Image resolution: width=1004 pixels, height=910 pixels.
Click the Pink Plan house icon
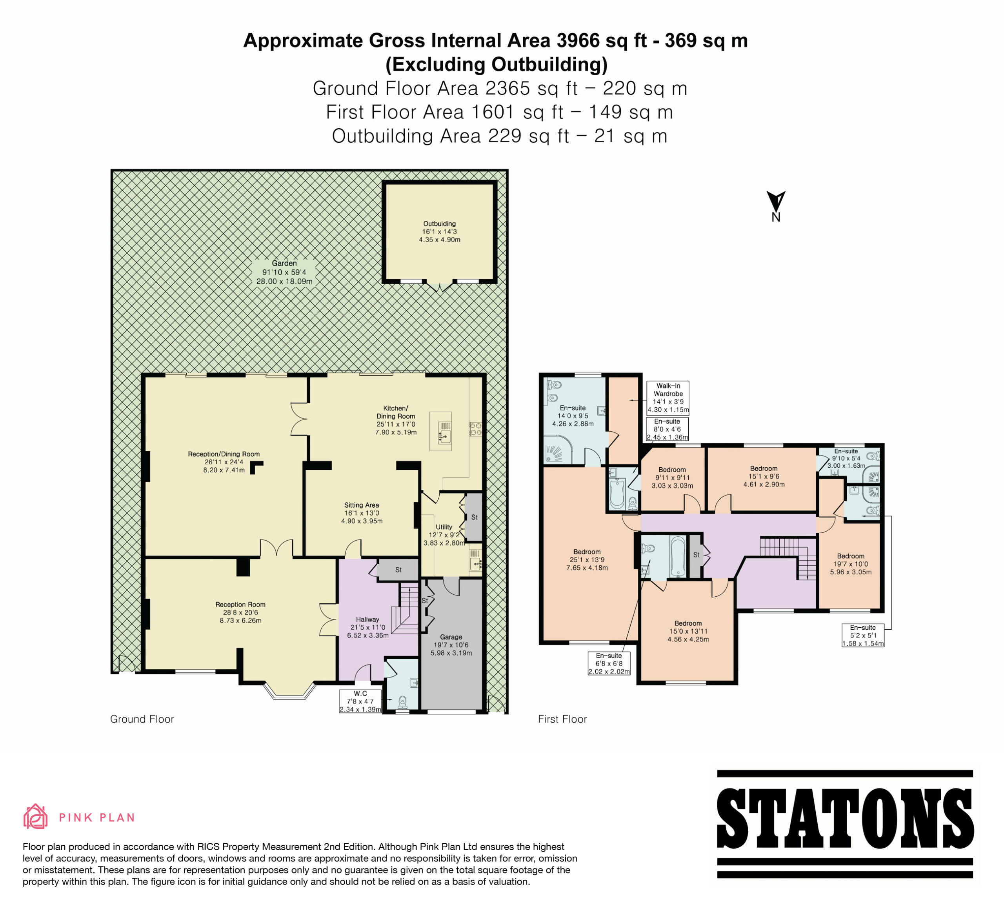tap(35, 816)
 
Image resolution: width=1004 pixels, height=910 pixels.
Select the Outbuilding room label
tap(439, 231)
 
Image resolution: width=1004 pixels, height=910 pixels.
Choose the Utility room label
tap(444, 535)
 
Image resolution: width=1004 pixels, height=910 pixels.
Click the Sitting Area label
tap(362, 513)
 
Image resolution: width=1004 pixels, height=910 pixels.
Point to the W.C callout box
tap(360, 701)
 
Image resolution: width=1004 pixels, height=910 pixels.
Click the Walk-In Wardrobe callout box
tap(668, 398)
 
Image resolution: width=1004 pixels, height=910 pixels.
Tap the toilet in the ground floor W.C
tap(403, 702)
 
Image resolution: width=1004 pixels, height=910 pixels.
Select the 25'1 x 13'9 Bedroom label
tap(587, 559)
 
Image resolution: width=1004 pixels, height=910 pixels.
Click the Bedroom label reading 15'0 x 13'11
tap(688, 631)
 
